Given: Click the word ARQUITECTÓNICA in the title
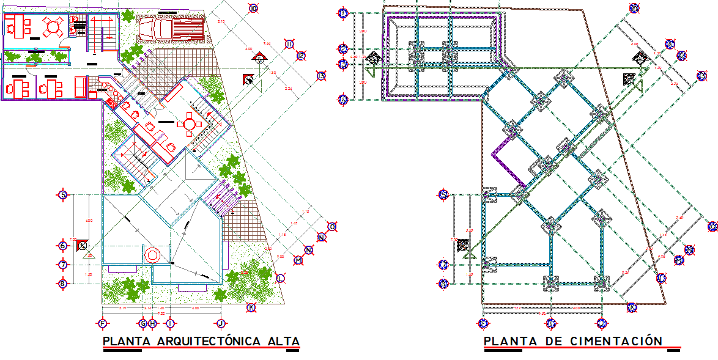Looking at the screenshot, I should tap(201, 341).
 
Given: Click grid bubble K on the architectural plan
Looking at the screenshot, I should tap(251, 307).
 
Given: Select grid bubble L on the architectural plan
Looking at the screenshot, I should tap(280, 278).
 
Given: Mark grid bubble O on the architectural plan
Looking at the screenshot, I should tap(332, 226).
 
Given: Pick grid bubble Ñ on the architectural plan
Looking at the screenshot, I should tap(322, 237).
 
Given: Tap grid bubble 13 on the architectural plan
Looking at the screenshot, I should tap(322, 76).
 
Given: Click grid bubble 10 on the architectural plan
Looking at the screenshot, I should tap(254, 8).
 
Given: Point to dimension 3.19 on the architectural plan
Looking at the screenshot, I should tap(122, 308).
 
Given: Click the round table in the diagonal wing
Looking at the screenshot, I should tap(189, 125).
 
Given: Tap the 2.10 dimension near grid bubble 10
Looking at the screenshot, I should tap(221, 22).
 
